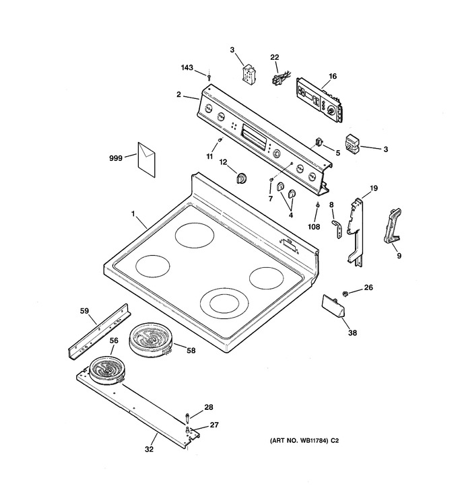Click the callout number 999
tap(116, 158)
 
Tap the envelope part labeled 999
tap(146, 160)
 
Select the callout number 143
tap(187, 67)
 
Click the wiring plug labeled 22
tap(280, 79)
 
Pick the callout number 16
tap(333, 76)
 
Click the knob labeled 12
tap(242, 178)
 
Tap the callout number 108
tap(314, 227)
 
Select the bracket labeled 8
tap(337, 229)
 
